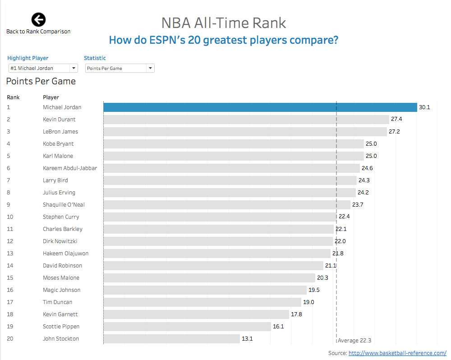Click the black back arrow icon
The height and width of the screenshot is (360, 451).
coord(38,19)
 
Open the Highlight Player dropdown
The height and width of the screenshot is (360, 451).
coord(43,68)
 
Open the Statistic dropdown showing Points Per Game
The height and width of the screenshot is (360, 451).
coord(120,68)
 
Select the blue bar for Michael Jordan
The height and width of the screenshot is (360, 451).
coord(260,107)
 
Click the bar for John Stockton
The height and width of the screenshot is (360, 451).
coord(171,338)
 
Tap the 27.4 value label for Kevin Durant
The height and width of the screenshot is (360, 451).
coord(396,120)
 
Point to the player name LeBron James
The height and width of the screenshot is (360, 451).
coord(60,132)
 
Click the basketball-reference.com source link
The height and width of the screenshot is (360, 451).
coord(397,353)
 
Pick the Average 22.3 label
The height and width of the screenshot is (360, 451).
coord(354,341)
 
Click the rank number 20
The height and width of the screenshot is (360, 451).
coord(10,338)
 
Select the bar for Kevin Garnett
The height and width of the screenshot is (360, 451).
coord(196,314)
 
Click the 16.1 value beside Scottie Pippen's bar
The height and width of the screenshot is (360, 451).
coord(278,326)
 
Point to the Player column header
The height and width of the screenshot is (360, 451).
coord(51,97)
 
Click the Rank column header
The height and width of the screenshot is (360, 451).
coord(13,97)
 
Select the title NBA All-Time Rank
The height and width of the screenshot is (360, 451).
coord(224,23)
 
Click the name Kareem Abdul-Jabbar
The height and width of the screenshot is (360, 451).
coord(70,168)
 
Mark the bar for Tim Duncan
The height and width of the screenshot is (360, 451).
coord(202,302)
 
